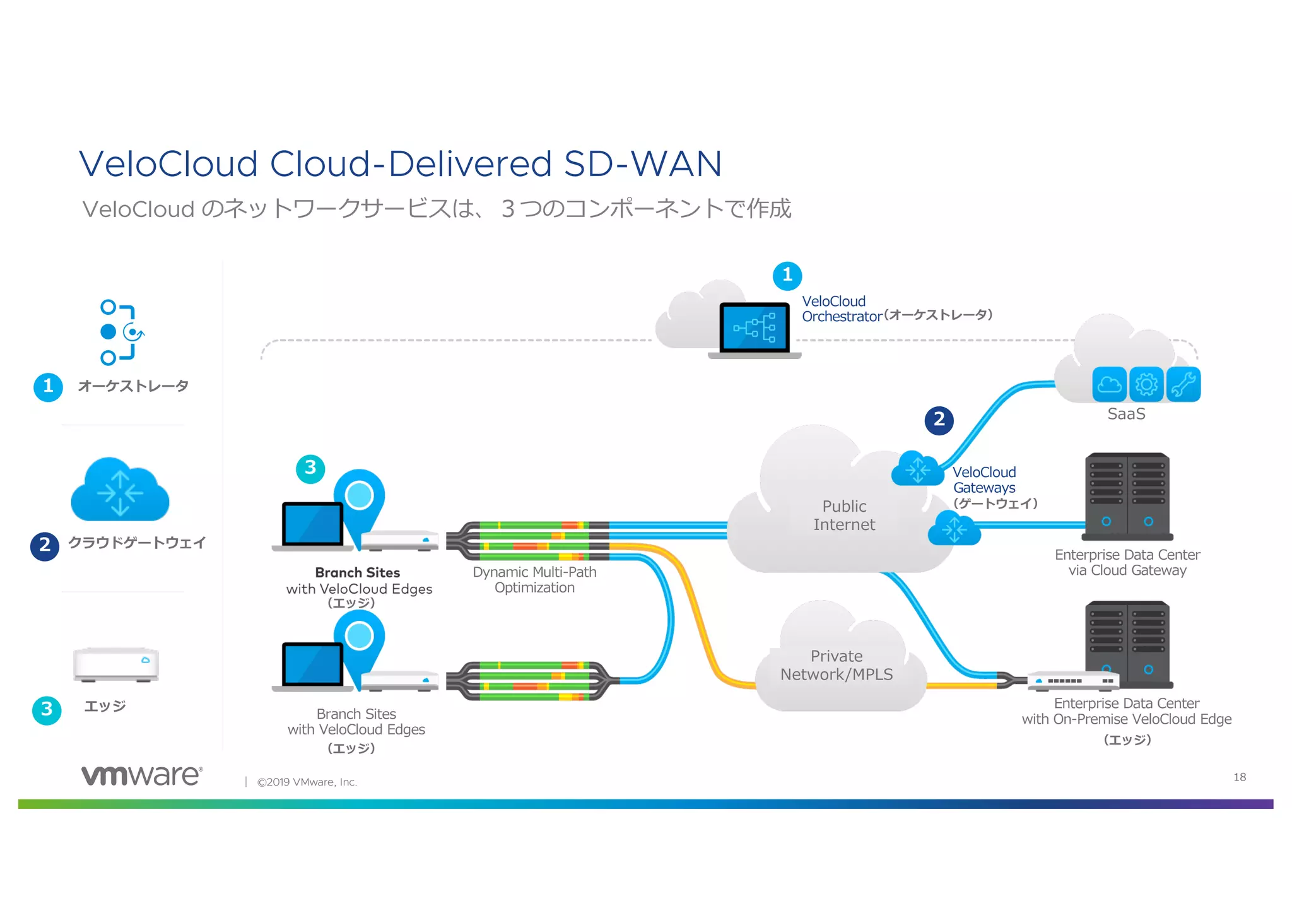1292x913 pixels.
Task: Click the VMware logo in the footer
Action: [x=142, y=775]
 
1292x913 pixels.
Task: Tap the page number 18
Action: [x=1239, y=777]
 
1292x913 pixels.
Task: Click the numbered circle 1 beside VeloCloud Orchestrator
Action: [x=787, y=276]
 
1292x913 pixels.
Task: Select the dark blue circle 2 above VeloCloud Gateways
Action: [x=939, y=420]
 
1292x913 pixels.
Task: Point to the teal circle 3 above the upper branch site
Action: [x=310, y=469]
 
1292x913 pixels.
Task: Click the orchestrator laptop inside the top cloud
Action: [x=755, y=329]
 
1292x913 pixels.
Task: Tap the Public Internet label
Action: [x=843, y=515]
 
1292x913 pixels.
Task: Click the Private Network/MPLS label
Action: [x=836, y=665]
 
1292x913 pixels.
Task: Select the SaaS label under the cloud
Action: [x=1126, y=414]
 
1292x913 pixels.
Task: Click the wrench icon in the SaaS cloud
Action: [x=1183, y=384]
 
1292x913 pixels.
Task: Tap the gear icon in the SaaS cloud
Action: [x=1146, y=384]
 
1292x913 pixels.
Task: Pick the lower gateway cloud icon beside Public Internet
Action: [x=954, y=529]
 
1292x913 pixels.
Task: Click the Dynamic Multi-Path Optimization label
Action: [x=534, y=580]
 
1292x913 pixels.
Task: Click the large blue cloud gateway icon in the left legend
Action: [x=120, y=490]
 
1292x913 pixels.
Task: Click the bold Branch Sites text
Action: [x=357, y=572]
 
